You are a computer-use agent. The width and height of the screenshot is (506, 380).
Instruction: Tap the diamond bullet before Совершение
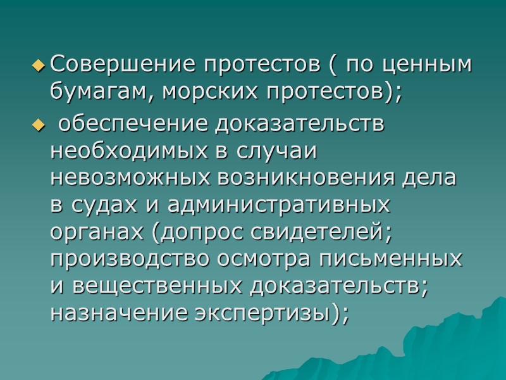click(39, 65)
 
